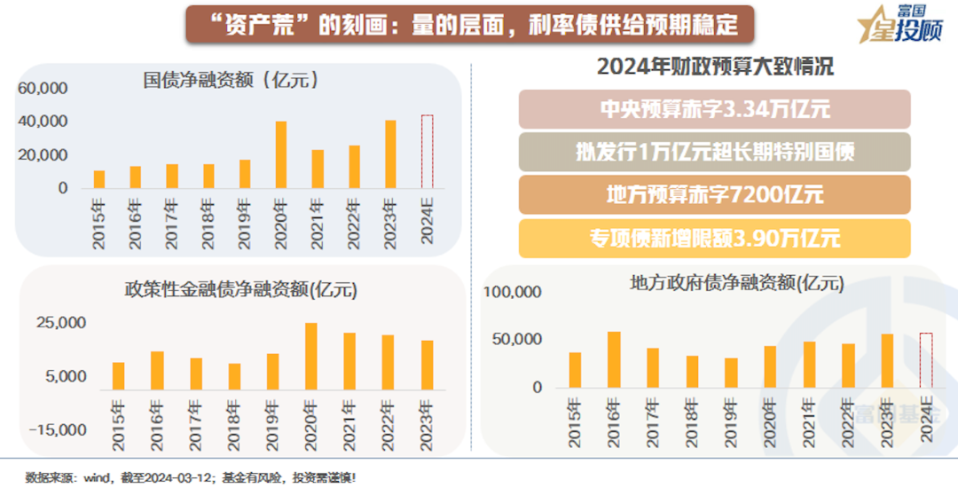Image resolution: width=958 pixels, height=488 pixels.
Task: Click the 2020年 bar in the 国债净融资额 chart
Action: coord(280,155)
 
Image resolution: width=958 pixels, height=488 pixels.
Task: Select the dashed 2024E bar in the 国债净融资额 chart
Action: coord(427,152)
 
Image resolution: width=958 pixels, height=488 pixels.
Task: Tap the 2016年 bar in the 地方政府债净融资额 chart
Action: coord(613,359)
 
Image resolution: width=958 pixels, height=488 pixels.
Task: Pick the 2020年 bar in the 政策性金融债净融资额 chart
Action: coord(310,357)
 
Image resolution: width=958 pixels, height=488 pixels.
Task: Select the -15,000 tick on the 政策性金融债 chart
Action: coord(61,429)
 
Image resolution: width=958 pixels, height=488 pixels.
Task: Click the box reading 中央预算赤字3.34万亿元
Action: coord(714,110)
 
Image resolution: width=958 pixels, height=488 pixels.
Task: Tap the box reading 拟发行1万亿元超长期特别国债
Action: coord(714,152)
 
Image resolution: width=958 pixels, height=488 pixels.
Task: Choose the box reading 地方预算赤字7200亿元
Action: coord(714,193)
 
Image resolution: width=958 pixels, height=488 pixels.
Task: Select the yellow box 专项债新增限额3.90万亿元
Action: coord(714,238)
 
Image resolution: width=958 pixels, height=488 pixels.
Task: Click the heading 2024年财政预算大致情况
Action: coord(715,67)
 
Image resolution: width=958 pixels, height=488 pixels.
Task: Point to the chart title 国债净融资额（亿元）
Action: coord(232,80)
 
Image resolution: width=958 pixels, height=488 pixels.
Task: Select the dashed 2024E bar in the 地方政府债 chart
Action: coord(925,360)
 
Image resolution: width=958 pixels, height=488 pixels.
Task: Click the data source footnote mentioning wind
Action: coord(191,476)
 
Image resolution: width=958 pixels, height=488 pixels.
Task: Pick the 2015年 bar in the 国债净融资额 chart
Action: coord(99,179)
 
